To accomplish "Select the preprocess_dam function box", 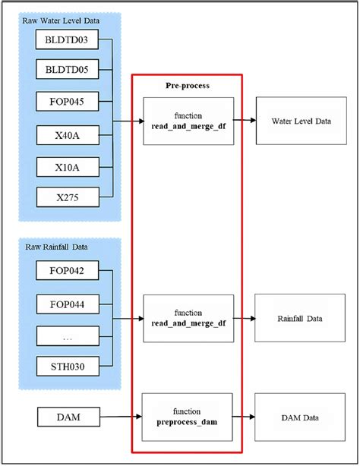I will coord(188,417).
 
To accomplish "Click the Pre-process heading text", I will coord(188,86).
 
